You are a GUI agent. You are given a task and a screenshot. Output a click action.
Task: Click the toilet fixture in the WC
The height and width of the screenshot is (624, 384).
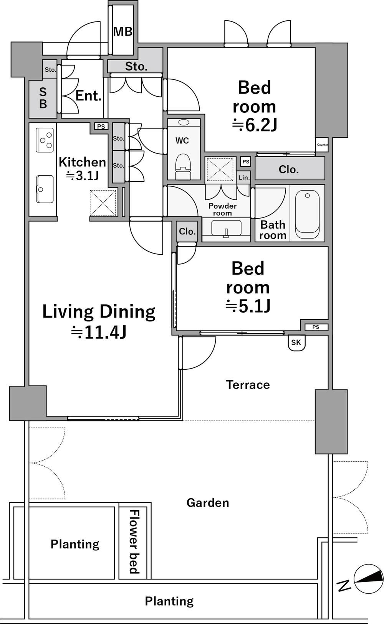tap(183, 166)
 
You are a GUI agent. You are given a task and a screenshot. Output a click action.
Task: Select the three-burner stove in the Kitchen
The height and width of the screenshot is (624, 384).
tap(45, 140)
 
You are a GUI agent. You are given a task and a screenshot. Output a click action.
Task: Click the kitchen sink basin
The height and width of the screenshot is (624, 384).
tap(45, 189)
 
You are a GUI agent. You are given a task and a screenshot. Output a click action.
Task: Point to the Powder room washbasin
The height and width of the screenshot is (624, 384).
tap(226, 229)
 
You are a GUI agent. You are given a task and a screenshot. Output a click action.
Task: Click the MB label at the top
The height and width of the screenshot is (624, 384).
tap(123, 31)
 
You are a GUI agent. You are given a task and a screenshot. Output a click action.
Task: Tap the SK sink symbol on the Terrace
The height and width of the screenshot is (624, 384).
tap(296, 342)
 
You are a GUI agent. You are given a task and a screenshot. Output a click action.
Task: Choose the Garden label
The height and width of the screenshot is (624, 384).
tap(208, 503)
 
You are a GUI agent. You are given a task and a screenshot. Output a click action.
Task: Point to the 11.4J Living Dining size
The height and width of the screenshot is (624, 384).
tap(99, 332)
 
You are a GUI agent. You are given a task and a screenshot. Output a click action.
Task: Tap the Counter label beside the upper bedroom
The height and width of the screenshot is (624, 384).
tap(322, 145)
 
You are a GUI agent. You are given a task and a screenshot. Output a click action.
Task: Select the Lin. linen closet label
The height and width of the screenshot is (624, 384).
tap(244, 178)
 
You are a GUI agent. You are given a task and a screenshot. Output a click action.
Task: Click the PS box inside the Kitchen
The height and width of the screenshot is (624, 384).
tap(101, 127)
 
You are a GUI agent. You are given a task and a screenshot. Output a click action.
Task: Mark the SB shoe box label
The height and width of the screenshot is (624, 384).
tap(43, 98)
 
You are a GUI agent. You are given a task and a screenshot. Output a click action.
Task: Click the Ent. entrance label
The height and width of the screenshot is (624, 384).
tap(88, 96)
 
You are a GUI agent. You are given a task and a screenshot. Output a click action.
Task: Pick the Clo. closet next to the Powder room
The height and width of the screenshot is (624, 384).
tap(187, 232)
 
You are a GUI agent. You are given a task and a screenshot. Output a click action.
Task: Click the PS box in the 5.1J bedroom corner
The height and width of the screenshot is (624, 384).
tap(316, 327)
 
